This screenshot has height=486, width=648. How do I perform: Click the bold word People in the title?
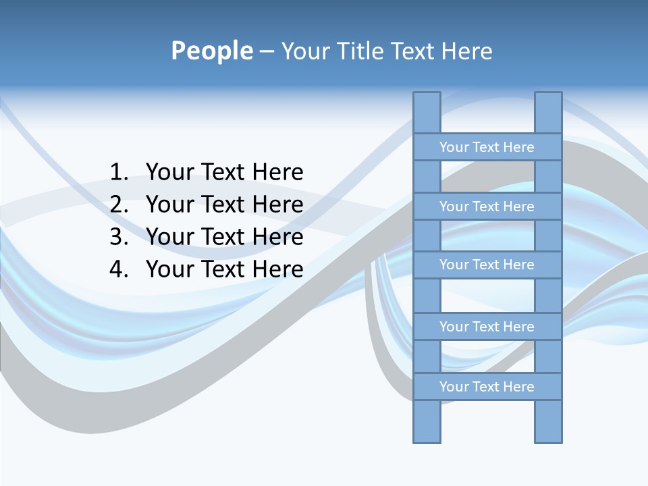pyautogui.click(x=211, y=51)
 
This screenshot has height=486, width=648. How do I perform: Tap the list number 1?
pyautogui.click(x=119, y=172)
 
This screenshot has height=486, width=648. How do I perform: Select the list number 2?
pyautogui.click(x=119, y=205)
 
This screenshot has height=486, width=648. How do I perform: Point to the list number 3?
pyautogui.click(x=119, y=237)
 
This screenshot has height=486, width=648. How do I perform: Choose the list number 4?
pyautogui.click(x=119, y=269)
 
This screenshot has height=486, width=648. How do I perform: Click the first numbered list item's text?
pyautogui.click(x=224, y=172)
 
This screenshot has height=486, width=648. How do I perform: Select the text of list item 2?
pyautogui.click(x=224, y=205)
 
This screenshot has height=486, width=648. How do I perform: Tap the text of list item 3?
pyautogui.click(x=224, y=237)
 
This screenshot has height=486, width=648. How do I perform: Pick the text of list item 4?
pyautogui.click(x=224, y=269)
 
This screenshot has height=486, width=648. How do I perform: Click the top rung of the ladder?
pyautogui.click(x=487, y=147)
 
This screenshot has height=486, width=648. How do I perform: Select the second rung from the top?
pyautogui.click(x=487, y=207)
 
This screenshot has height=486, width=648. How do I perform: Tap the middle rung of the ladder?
pyautogui.click(x=487, y=265)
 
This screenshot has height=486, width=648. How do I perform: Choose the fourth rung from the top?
pyautogui.click(x=487, y=327)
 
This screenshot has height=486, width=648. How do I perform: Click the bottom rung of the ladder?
pyautogui.click(x=487, y=387)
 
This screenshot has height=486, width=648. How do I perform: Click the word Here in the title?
pyautogui.click(x=468, y=51)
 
